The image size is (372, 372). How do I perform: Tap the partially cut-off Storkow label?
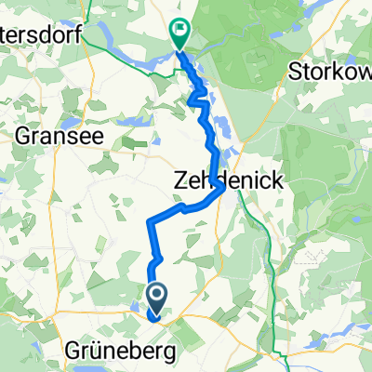tap(330, 71)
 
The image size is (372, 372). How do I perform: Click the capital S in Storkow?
tap(297, 71)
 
